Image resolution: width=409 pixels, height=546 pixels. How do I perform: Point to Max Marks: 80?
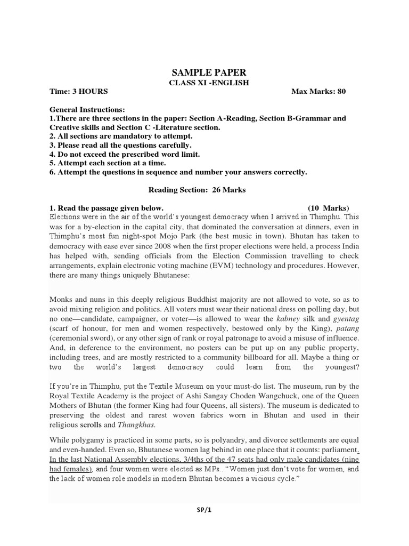(318, 91)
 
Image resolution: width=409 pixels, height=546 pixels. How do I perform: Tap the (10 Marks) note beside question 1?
(328, 207)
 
